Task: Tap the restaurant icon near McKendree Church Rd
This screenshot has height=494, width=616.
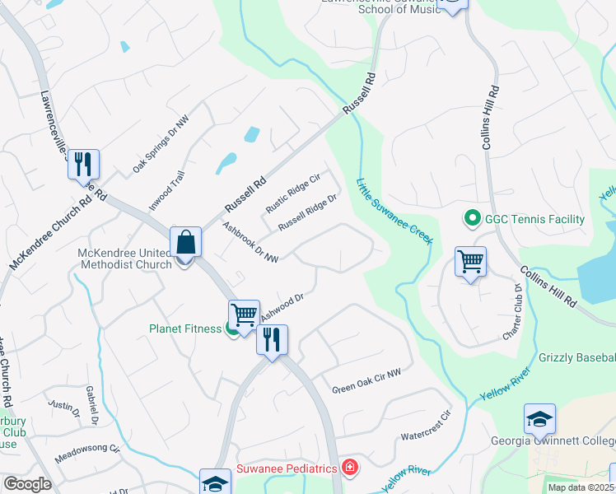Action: click(83, 165)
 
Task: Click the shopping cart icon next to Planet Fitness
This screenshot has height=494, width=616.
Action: click(244, 315)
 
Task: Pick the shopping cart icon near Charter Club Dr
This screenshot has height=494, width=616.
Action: click(470, 263)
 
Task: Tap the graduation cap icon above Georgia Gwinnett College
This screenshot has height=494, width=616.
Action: click(539, 420)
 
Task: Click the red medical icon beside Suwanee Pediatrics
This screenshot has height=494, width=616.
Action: click(350, 468)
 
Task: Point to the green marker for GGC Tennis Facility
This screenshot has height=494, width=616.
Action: click(472, 219)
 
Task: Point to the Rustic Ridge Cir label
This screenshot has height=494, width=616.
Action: click(292, 191)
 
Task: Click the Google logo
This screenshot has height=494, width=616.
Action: click(26, 483)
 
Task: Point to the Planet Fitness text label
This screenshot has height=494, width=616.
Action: click(185, 329)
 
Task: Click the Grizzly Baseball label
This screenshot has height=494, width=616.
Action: click(576, 357)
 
